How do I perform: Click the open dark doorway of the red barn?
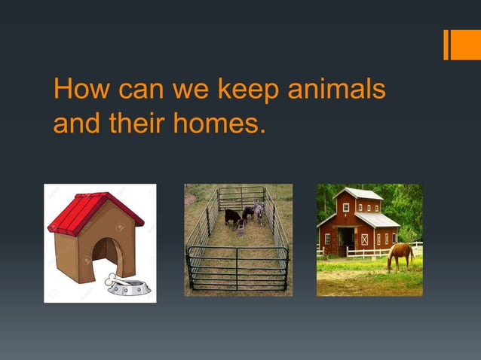coord(346,240)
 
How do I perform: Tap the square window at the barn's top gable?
coord(346,207)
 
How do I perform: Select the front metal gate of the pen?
coord(237,267)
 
